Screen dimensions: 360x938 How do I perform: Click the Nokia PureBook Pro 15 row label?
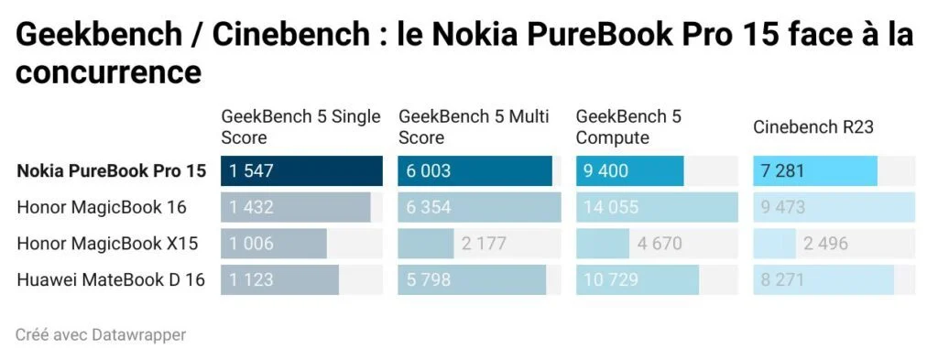[x=111, y=171]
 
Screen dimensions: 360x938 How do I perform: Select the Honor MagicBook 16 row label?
[x=102, y=208]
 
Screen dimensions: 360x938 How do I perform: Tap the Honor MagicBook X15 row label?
[x=107, y=244]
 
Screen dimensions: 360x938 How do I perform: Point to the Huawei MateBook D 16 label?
[x=110, y=280]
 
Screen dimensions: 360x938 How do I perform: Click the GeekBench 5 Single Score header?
[x=300, y=127]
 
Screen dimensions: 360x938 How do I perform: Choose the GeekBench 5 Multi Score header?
[x=474, y=127]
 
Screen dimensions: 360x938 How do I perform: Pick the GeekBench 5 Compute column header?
[x=628, y=127]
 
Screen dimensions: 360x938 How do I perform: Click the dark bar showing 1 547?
[x=301, y=171]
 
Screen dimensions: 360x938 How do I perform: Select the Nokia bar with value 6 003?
[x=474, y=171]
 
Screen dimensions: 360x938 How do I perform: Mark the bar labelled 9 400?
[x=629, y=171]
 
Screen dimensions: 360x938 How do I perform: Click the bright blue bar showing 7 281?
[x=815, y=171]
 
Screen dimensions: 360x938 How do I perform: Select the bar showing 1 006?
[x=273, y=244]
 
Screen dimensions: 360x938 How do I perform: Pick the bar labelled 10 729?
[x=637, y=280]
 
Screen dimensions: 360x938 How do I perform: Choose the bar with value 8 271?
[x=823, y=280]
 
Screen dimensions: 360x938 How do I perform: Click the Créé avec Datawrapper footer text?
[x=101, y=335]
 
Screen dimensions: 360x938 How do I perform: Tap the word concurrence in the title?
[x=108, y=71]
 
